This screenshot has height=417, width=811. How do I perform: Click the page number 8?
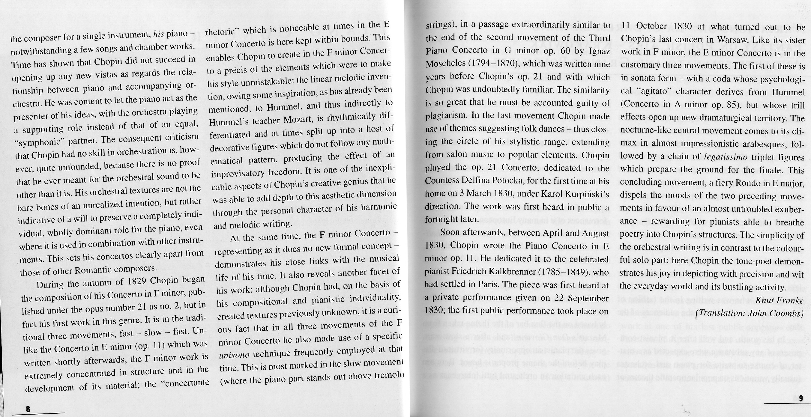28,409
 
